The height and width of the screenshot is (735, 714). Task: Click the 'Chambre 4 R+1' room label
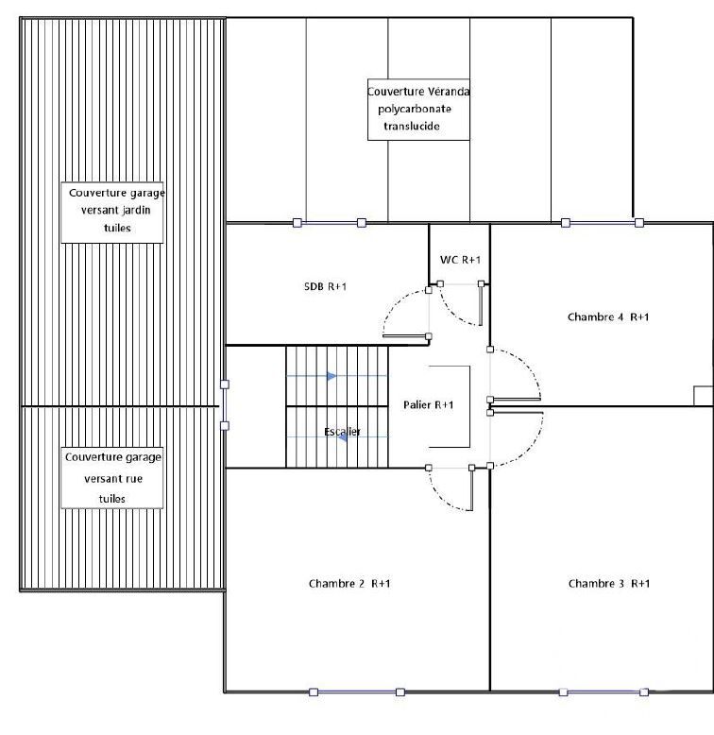608,317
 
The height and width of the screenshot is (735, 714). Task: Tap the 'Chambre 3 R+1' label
609,584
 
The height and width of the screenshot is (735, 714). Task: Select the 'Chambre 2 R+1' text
349,584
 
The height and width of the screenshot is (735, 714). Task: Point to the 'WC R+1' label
460,260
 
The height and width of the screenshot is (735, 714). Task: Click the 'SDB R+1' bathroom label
325,286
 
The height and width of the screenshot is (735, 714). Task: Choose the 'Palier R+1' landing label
428,405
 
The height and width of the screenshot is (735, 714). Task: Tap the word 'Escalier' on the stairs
343,431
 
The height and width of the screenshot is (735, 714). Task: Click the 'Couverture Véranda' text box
418,110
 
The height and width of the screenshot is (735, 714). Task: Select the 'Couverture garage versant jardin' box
112,213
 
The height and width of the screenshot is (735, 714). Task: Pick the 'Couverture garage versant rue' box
112,478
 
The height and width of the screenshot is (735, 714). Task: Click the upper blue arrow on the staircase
331,376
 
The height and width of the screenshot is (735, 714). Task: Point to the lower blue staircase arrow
343,436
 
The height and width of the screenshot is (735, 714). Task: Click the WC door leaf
481,305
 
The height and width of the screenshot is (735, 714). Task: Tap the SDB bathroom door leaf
406,336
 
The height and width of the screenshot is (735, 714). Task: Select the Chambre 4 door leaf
515,400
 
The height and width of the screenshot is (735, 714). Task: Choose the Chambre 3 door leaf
517,413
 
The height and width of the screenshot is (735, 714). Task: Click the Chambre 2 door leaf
471,489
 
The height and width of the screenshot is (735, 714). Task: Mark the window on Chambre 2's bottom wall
357,692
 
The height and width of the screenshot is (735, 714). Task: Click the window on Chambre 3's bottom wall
603,692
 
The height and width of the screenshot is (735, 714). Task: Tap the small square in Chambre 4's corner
704,396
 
